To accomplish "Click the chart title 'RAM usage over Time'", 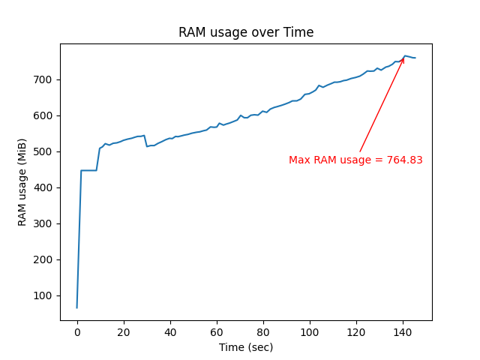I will [246, 32].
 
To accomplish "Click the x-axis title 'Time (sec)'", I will [246, 347].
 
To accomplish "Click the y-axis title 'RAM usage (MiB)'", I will [22, 182].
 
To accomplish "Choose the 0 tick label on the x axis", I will [77, 332].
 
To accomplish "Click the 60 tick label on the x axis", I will [217, 332].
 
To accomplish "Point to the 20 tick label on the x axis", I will [124, 332].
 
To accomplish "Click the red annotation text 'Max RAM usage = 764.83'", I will [355, 160].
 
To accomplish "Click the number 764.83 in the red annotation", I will [405, 160].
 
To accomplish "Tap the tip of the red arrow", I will [404, 57].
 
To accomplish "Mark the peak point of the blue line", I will [405, 55].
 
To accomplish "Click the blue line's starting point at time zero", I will [77, 307].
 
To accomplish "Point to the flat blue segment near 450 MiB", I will [88, 170].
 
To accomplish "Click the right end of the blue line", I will [415, 58].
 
